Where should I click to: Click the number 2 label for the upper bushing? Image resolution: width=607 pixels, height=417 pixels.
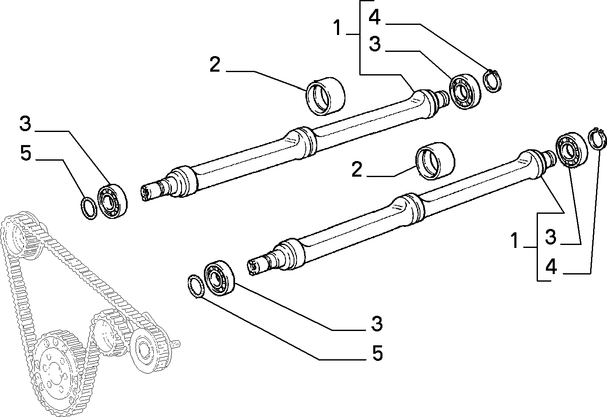tap(215, 65)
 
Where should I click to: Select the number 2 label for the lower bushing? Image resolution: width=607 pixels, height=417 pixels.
tap(357, 169)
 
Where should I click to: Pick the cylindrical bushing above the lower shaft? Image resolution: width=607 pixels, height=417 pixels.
tap(435, 161)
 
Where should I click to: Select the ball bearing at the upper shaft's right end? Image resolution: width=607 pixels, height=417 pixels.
tap(465, 91)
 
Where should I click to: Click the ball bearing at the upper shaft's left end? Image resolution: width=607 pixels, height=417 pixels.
tap(112, 201)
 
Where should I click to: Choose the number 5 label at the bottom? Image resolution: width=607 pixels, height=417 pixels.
tap(377, 353)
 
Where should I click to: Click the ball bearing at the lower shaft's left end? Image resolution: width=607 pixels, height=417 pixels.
tap(219, 278)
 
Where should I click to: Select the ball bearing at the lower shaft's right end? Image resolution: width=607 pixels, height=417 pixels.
tap(572, 150)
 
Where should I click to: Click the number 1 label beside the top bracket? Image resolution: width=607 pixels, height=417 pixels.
tap(337, 28)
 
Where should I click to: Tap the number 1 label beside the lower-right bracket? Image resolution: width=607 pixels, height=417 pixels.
tap(514, 240)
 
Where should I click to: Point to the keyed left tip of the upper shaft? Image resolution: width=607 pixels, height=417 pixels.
tap(145, 193)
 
